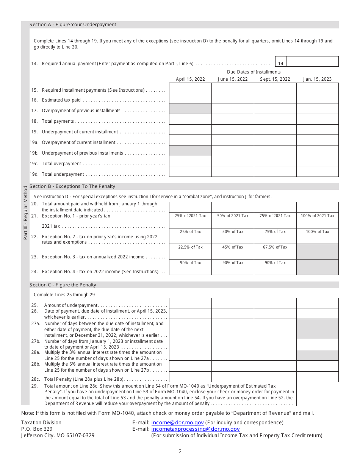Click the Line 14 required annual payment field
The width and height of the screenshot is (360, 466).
[312, 61]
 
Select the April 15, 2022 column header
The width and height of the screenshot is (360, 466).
[190, 79]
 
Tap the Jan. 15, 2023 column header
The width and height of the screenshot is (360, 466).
[317, 79]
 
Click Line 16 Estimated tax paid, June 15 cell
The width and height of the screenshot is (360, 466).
[232, 99]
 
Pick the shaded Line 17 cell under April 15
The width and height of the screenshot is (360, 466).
[190, 109]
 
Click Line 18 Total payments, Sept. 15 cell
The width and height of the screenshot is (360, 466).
[275, 119]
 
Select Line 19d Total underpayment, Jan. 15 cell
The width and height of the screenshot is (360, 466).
[317, 172]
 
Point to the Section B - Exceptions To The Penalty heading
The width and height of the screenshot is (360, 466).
[72, 186]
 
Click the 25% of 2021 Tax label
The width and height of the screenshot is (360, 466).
[190, 216]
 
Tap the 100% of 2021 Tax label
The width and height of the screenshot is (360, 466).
[317, 216]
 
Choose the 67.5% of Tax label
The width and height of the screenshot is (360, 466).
[275, 247]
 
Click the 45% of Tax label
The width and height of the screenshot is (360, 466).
[232, 247]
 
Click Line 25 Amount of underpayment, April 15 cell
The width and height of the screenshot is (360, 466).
[190, 303]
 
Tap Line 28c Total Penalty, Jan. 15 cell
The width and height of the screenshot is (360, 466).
[317, 377]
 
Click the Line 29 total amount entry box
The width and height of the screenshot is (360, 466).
[317, 394]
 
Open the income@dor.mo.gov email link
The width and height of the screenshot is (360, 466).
[177, 422]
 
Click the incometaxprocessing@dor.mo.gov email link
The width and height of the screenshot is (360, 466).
[195, 429]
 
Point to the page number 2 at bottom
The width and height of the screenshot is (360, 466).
[180, 451]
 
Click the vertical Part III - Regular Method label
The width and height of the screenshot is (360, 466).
[26, 212]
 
